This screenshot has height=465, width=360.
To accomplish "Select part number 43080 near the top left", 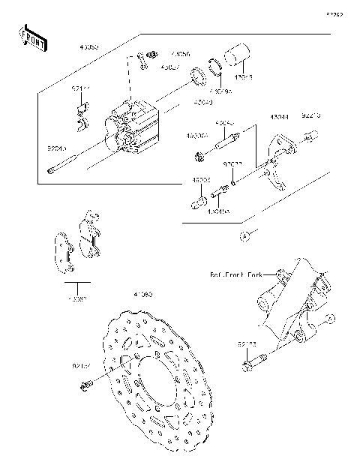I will tap(89, 46).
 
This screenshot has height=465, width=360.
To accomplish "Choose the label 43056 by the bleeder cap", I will tap(180, 54).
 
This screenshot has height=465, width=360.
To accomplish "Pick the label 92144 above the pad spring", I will tap(81, 88).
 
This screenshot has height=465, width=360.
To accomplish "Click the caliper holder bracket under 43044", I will tap(281, 161).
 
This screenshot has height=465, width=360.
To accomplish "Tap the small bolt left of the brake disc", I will tap(85, 385).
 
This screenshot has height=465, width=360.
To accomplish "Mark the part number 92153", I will tap(247, 344).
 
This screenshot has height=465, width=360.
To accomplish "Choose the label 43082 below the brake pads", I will tap(77, 298).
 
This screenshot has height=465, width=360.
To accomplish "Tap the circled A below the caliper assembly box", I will tap(244, 236).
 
